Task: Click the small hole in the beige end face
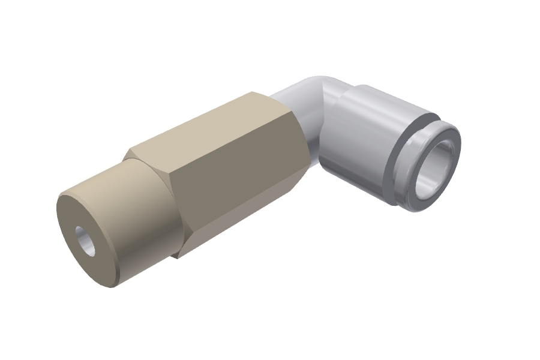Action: pyautogui.click(x=86, y=241)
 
